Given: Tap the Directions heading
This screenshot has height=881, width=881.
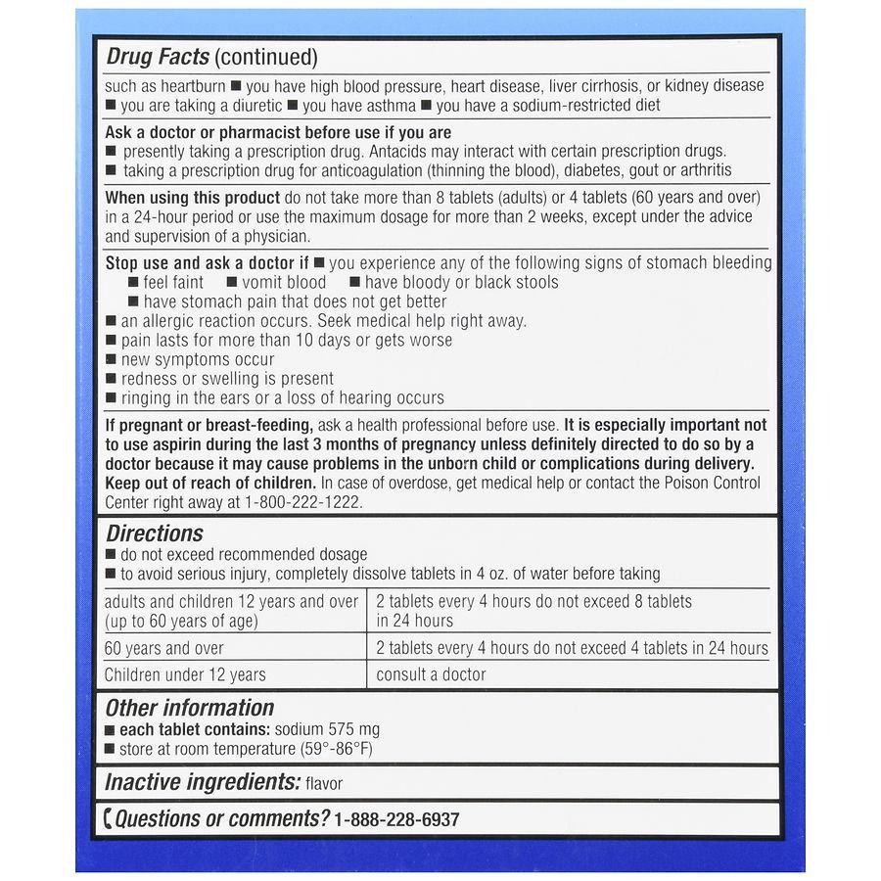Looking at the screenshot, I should pos(155,533).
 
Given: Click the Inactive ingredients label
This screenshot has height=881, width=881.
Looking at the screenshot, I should pos(202,782).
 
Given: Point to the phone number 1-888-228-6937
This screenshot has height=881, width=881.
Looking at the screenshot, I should pos(396,820).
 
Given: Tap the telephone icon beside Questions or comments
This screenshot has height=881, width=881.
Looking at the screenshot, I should pos(108,819).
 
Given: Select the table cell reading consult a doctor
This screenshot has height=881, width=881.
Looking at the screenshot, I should pos(431,674).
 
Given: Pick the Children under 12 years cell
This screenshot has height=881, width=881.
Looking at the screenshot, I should pos(185,674).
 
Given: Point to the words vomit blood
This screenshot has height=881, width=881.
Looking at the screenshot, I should pos(285,282).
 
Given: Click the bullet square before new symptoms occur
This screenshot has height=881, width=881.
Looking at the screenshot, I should pos(111,360).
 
